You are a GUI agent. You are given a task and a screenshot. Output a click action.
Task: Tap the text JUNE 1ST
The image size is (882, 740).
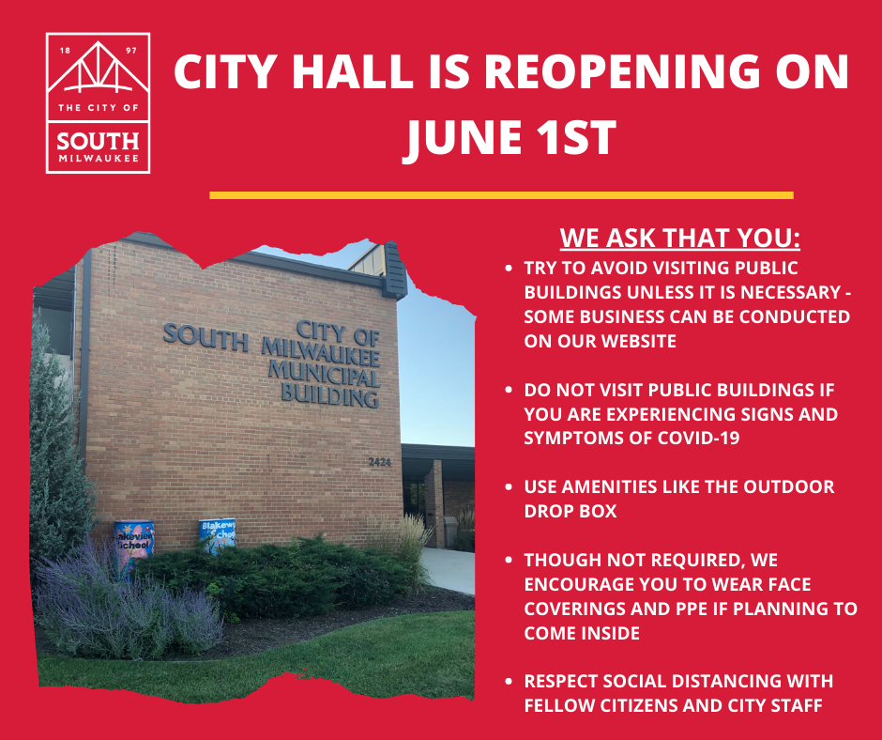pyautogui.click(x=509, y=137)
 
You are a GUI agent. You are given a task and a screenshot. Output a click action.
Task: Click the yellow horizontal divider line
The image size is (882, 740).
pyautogui.click(x=501, y=195)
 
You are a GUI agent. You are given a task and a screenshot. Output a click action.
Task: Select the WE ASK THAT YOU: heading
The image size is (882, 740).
pyautogui.click(x=679, y=238)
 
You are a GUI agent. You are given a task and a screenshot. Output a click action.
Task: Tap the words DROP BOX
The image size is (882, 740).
pyautogui.click(x=570, y=511)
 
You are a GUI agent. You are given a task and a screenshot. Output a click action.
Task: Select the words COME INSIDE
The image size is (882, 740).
pyautogui.click(x=582, y=633)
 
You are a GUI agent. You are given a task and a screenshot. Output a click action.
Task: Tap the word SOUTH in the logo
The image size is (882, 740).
pyautogui.click(x=98, y=141)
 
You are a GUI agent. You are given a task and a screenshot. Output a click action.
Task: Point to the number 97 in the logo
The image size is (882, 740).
pyautogui.click(x=131, y=51)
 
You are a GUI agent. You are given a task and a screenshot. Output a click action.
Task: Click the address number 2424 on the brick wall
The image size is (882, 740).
pyautogui.click(x=380, y=462)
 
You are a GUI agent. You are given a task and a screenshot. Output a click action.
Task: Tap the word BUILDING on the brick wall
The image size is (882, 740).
pyautogui.click(x=329, y=395)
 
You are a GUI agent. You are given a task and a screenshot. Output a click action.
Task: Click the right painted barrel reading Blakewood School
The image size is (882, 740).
pyautogui.click(x=218, y=536)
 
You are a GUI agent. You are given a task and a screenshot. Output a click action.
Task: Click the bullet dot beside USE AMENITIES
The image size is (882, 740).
pyautogui.click(x=509, y=486)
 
